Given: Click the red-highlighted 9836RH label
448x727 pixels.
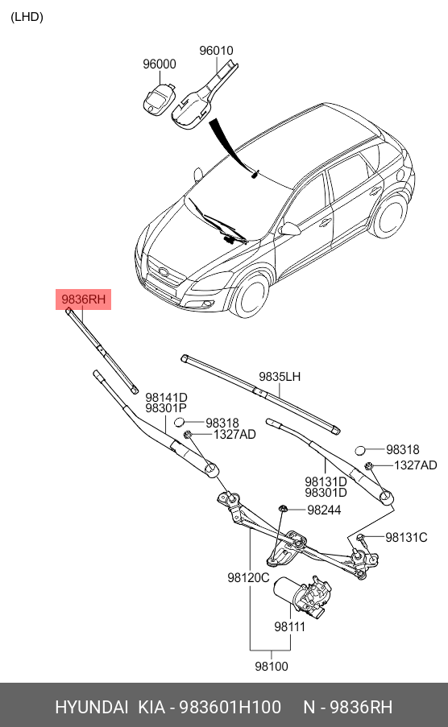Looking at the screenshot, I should point(84,299).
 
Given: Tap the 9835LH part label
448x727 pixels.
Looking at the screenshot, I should point(279,377).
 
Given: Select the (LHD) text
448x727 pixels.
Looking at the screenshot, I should point(27,17).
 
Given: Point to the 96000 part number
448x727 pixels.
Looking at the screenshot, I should point(159,64).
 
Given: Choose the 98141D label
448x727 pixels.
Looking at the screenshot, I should point(166,397).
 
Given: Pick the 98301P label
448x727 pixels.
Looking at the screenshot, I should point(166,409).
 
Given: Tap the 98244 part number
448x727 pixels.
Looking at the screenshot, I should point(324,510).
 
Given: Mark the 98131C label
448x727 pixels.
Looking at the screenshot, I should point(406,537).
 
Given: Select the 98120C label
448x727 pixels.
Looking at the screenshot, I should point(247,577).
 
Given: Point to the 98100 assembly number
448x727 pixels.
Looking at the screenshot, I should point(271,666).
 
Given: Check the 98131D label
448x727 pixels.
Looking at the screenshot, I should point(326,481).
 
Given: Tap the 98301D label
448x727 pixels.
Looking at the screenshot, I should point(326,493).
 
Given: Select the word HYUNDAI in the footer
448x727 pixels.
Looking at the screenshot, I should point(91,707).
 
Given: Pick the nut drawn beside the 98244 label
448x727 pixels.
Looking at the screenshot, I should point(284,508).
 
